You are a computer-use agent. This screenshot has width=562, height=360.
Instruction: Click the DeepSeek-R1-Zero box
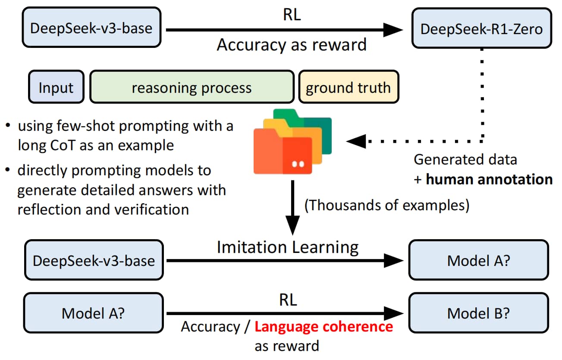point(481,28)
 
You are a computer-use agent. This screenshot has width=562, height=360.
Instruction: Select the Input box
point(56,87)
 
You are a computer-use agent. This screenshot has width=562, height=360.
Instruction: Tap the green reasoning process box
point(192,87)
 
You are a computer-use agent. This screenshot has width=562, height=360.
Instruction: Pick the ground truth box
point(349,87)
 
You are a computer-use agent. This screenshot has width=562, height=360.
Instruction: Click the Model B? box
point(479,313)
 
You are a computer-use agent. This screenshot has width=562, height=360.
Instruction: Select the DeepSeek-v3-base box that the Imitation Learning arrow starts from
point(94,260)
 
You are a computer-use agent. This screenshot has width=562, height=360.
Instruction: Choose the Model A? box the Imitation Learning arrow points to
point(479,260)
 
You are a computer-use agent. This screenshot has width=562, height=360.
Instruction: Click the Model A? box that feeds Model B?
point(93,313)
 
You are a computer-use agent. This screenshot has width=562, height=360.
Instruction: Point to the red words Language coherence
point(324,327)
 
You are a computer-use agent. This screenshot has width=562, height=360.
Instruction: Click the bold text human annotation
point(490,179)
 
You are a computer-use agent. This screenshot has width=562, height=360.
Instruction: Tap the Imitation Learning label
point(288,247)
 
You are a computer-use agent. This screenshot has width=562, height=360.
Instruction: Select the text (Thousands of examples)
point(386,205)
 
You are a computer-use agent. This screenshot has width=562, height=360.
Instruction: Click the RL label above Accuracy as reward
point(292,15)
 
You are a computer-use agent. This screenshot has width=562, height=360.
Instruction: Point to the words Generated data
point(465,159)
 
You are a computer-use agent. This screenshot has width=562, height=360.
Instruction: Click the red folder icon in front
point(283,152)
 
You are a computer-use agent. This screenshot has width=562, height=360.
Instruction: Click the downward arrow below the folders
point(292,208)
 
